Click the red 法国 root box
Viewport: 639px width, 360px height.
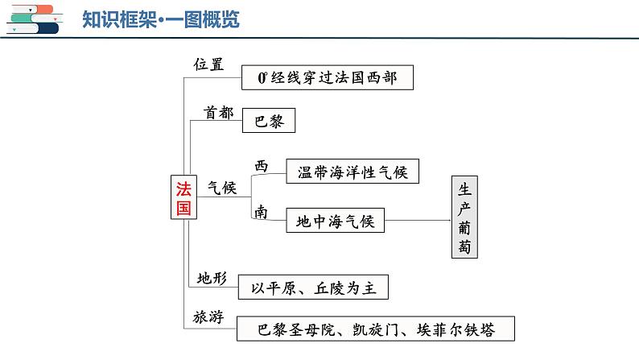click(x=183, y=197)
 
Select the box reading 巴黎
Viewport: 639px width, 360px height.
click(x=269, y=120)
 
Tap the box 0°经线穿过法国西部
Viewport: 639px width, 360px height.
click(x=328, y=77)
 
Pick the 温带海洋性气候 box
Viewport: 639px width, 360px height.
click(x=352, y=172)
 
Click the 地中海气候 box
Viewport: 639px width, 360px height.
click(x=335, y=221)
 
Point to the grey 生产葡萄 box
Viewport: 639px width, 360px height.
click(x=464, y=217)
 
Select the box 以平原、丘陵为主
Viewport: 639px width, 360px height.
click(x=313, y=287)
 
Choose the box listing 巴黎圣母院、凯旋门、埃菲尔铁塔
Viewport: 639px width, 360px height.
click(x=375, y=329)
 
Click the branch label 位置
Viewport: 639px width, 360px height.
click(x=208, y=64)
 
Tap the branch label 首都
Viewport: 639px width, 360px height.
click(x=218, y=113)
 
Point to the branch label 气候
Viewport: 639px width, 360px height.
click(x=222, y=188)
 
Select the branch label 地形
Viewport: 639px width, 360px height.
click(x=212, y=278)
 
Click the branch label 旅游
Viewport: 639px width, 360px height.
click(x=208, y=317)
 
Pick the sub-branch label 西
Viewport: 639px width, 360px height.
click(x=262, y=166)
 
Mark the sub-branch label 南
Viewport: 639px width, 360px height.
click(x=262, y=212)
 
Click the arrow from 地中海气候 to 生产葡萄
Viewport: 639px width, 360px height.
click(x=418, y=221)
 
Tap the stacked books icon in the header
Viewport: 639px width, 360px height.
click(x=35, y=19)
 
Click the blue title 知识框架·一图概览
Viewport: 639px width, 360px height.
click(x=161, y=19)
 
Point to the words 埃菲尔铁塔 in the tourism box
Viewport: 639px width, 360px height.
click(x=456, y=329)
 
